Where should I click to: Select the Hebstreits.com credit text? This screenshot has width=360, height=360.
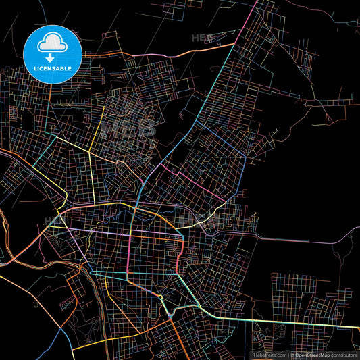pos(269,354)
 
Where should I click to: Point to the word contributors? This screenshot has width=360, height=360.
pos(344,354)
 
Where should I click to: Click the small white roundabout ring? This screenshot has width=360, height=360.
pos(161,298)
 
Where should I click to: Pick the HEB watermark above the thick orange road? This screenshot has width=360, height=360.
pos(201,38)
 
